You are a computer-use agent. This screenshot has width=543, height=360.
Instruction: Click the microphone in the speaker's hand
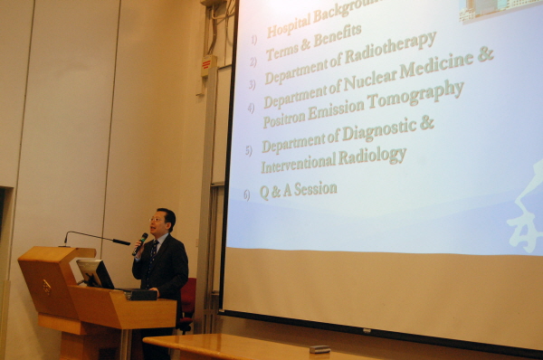click(x=140, y=242)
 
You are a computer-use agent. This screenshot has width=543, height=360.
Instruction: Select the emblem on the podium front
click(x=46, y=287)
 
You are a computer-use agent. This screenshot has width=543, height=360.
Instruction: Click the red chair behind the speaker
click(x=187, y=299)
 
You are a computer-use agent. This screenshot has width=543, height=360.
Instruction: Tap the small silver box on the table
click(x=319, y=348)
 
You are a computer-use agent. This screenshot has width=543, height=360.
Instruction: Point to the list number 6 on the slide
click(x=245, y=194)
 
